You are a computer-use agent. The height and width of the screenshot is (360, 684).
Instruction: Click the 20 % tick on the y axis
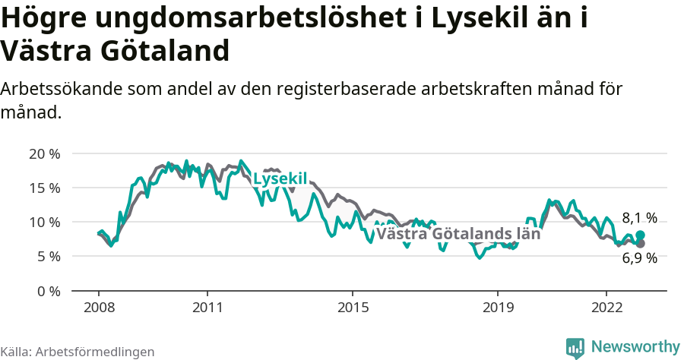(x=44, y=153)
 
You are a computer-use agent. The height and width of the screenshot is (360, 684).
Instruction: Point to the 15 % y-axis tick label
(x=44, y=188)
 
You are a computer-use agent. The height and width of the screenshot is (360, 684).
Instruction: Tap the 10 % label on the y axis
(x=44, y=222)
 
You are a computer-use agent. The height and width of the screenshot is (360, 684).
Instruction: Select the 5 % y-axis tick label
(x=47, y=257)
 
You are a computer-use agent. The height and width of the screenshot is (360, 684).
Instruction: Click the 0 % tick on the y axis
(x=47, y=291)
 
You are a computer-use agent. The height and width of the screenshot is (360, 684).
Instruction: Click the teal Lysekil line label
(x=280, y=179)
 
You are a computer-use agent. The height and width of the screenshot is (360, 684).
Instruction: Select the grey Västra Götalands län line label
(x=458, y=234)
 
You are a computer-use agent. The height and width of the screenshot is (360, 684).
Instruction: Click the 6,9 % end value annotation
(x=639, y=258)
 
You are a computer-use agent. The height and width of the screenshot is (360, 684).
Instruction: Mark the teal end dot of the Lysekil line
(x=641, y=235)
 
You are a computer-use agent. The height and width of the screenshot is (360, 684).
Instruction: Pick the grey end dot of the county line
(x=641, y=244)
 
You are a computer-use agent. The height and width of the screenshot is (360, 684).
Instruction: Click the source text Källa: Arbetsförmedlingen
(x=78, y=352)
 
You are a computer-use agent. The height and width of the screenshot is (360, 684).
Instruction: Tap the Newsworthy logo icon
(x=575, y=347)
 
